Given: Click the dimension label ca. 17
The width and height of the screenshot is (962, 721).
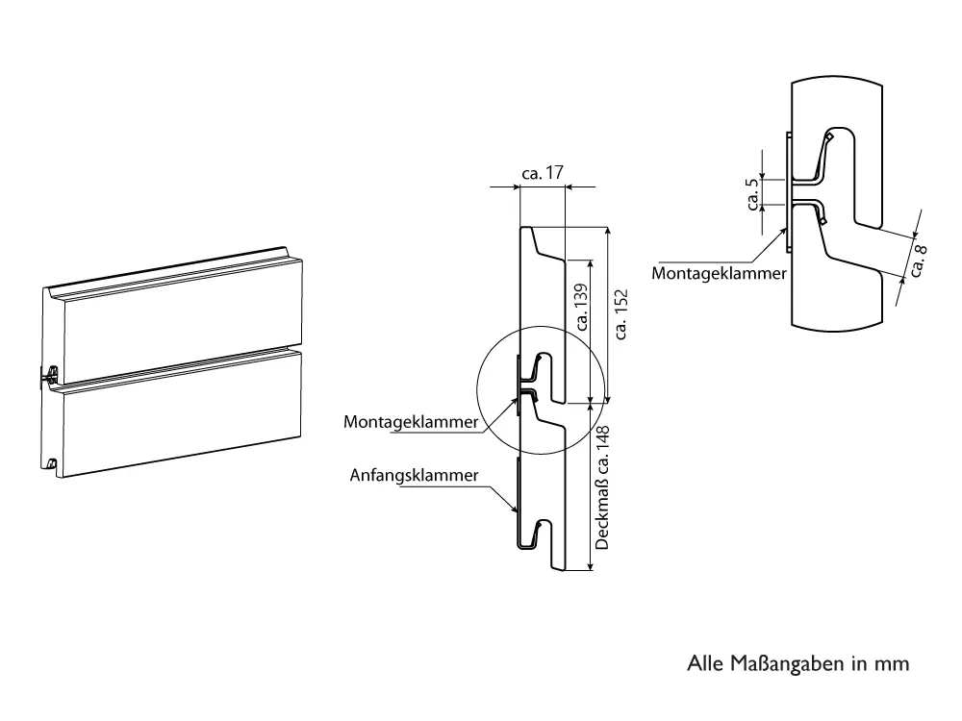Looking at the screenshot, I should click(x=542, y=174).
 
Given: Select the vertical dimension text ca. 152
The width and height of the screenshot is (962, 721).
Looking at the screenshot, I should click(x=620, y=313).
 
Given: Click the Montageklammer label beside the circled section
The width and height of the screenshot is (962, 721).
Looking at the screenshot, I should click(x=411, y=422).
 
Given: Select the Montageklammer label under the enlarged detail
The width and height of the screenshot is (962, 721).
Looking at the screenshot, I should click(x=719, y=273).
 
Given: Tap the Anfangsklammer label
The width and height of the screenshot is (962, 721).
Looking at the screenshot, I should click(x=415, y=476).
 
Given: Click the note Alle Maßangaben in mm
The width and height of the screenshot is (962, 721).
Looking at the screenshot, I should click(x=797, y=663).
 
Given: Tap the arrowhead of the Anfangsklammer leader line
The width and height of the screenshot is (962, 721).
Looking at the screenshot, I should click(x=517, y=510).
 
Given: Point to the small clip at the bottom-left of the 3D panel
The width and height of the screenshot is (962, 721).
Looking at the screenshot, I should click(x=52, y=466).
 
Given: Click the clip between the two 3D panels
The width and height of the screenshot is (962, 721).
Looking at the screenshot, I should click(x=48, y=375).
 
